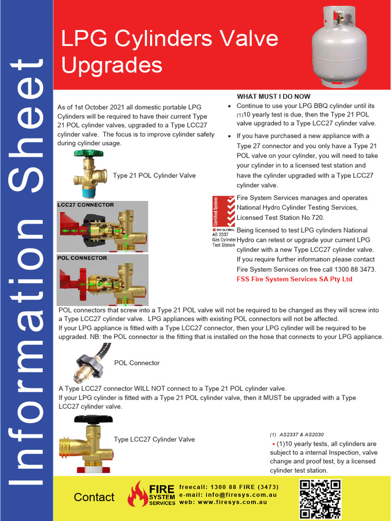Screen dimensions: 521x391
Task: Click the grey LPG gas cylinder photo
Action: pos(340,47)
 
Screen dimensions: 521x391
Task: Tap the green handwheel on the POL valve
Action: pos(89,153)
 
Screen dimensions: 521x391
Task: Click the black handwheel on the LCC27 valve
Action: pos(93,419)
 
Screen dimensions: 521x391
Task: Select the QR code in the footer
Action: pos(320,499)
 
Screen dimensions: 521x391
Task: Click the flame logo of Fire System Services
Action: pos(137,495)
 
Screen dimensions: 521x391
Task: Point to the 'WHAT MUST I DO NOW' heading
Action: pos(273,97)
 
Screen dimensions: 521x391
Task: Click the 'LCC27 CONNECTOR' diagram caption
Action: pos(86,205)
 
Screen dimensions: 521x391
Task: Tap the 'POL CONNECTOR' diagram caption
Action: pos(82,258)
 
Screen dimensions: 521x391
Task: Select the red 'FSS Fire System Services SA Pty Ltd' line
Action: pos(294,279)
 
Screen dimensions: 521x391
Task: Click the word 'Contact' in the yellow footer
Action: pos(94,497)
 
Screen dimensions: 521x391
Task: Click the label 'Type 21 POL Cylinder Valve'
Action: pos(154,176)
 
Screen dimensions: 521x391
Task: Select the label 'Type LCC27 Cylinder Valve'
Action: pos(154,439)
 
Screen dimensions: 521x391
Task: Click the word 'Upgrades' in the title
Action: pos(111,65)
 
